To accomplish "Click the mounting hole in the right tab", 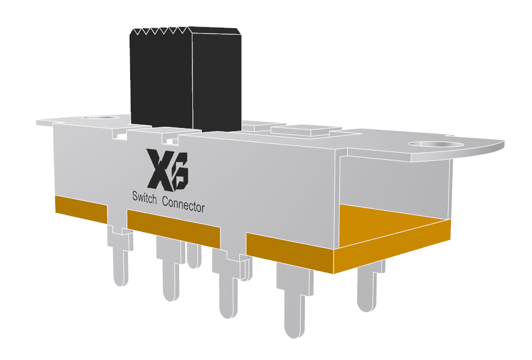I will click(436, 145).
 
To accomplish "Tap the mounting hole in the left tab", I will click(99, 117).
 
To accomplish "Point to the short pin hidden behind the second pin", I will click(193, 256).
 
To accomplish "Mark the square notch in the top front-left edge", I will click(119, 133).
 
